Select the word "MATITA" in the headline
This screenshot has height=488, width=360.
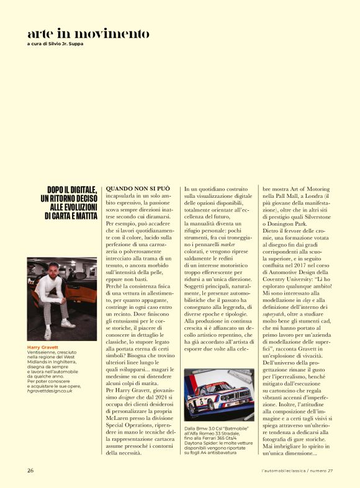coord(82,216)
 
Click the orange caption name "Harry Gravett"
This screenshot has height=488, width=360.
coord(43,347)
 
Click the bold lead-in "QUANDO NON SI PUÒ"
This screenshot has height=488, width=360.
coord(138,187)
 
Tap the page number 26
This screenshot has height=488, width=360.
coord(30,471)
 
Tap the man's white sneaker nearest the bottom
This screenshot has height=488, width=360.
coord(48,334)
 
